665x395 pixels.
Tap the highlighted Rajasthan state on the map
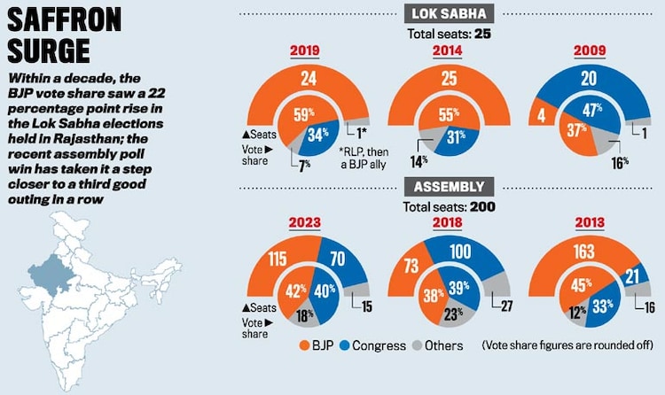pyautogui.click(x=49, y=270)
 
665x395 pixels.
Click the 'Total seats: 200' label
pyautogui.click(x=448, y=206)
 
